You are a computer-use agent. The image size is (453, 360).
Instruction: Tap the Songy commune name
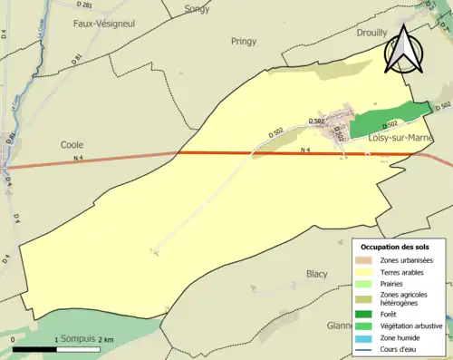click(196, 9)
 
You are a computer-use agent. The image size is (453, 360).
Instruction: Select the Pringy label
click(244, 41)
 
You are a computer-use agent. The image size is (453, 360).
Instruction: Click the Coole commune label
click(72, 144)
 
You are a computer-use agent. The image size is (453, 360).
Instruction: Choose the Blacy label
click(316, 273)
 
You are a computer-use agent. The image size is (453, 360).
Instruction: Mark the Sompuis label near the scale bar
click(78, 339)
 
